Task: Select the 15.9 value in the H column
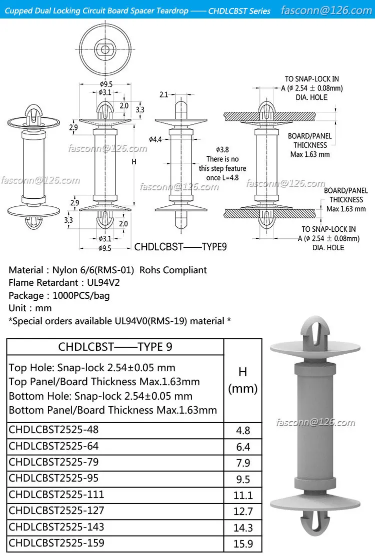[242, 544]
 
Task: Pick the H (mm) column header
[242, 380]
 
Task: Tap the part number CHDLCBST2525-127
[56, 511]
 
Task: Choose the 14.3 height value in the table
[242, 527]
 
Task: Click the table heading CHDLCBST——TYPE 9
[115, 347]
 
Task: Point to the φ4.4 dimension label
[155, 139]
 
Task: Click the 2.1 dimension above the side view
[164, 94]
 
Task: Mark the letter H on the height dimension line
[133, 161]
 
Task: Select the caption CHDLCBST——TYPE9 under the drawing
[180, 247]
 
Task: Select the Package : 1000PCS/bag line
[59, 295]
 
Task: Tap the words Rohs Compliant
[173, 270]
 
